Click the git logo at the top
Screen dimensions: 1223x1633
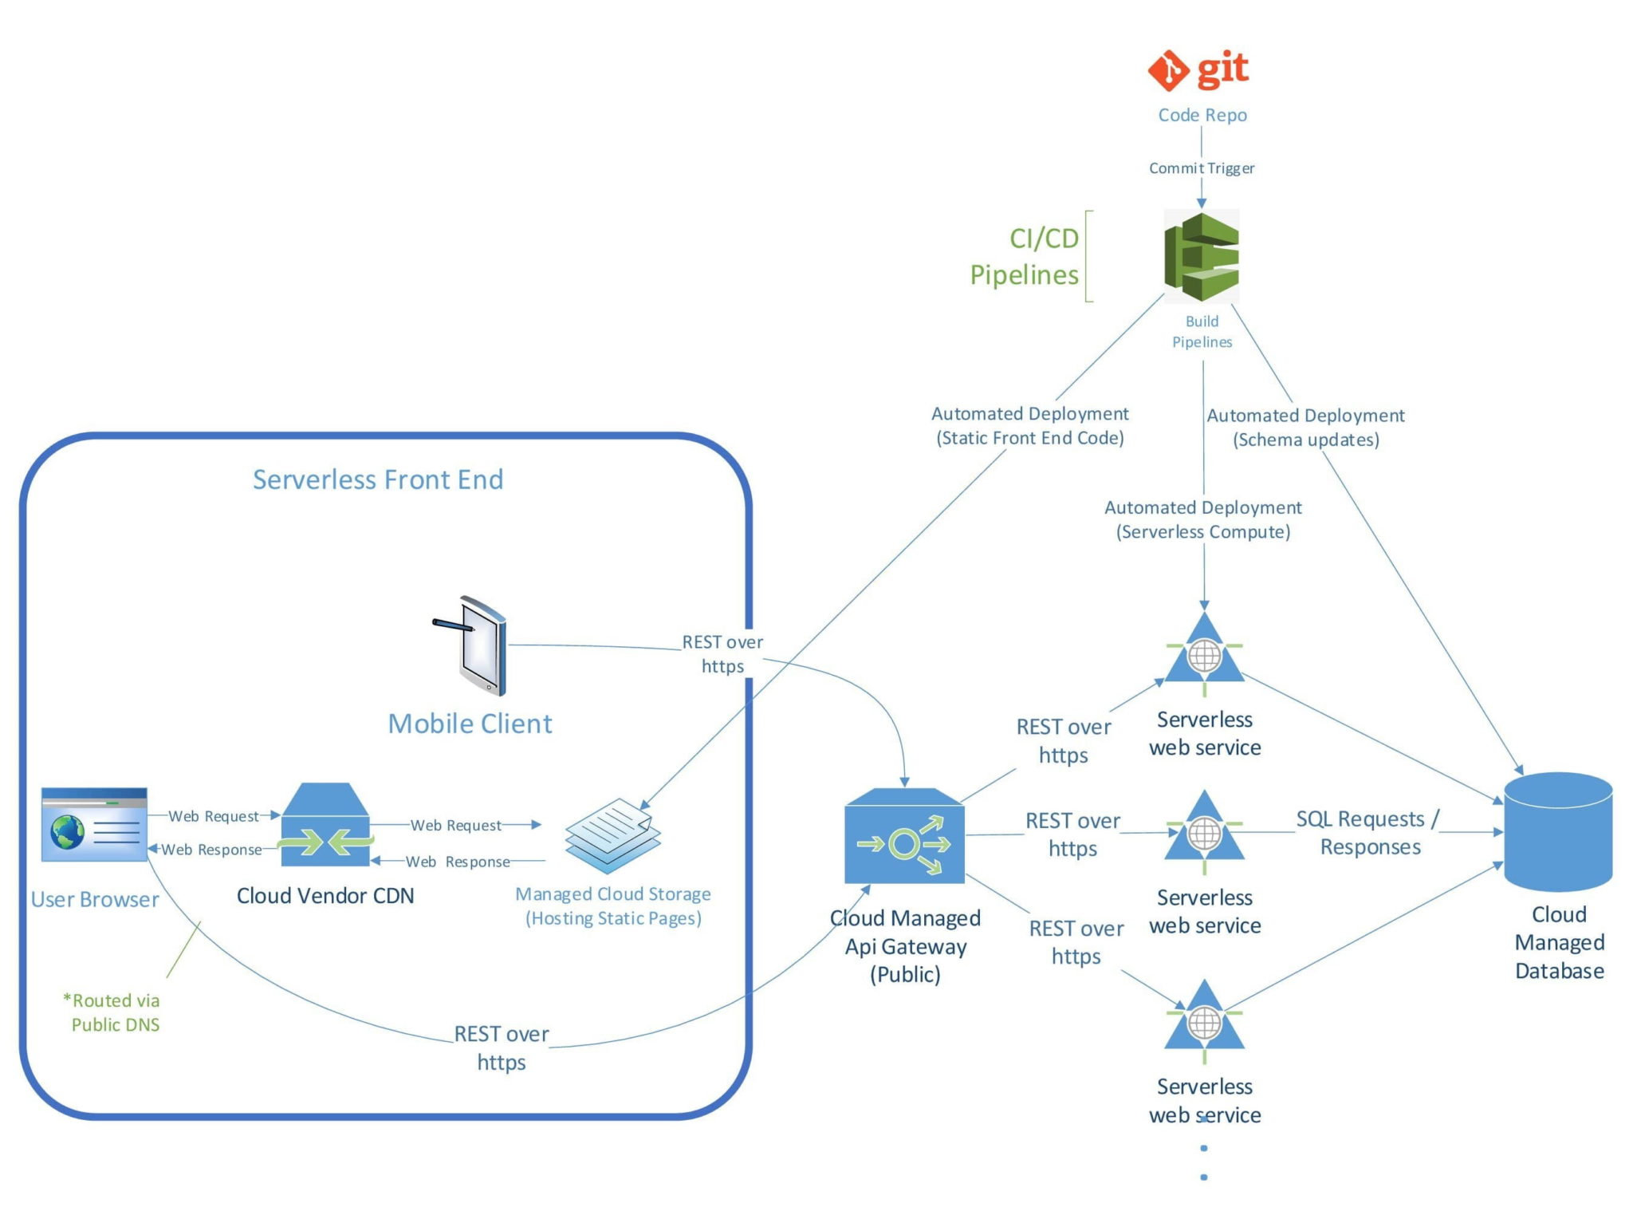point(1198,70)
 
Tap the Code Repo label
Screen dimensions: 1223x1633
point(1202,115)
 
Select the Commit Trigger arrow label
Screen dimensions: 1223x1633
point(1201,168)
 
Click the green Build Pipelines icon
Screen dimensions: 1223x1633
point(1201,256)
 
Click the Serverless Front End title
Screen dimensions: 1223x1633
point(378,479)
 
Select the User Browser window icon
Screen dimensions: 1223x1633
point(94,825)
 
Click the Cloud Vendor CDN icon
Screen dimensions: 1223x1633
point(325,825)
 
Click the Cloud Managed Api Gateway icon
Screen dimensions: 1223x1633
point(904,836)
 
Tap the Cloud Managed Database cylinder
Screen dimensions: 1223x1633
point(1558,832)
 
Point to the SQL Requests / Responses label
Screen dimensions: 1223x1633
point(1368,833)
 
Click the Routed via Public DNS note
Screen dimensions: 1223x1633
point(114,1012)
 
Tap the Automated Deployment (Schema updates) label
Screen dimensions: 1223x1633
point(1305,428)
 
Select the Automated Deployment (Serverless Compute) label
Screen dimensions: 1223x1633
point(1202,519)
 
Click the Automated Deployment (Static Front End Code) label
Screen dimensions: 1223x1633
point(1029,426)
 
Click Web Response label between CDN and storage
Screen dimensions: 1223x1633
point(458,862)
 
